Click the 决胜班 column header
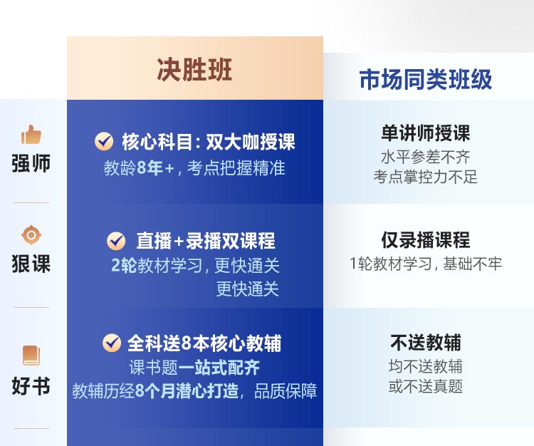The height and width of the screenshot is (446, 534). pos(194,70)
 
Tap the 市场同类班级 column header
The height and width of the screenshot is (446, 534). pos(425,79)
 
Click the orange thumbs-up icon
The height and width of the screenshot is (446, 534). pos(31,135)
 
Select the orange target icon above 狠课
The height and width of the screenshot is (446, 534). pos(31,234)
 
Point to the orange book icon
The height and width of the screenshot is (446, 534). pos(31,356)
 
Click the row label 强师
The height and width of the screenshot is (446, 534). pos(31,163)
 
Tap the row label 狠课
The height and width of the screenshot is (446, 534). pos(31,264)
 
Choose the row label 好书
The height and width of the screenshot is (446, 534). pos(31,385)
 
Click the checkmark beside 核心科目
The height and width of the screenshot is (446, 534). pos(104,141)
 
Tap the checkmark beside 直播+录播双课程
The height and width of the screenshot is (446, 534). pos(116,241)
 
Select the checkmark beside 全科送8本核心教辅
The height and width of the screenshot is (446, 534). pos(112,343)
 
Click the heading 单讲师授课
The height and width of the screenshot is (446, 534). pos(425,133)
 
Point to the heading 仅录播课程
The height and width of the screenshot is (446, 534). pos(425,240)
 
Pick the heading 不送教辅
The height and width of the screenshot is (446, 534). pos(425,343)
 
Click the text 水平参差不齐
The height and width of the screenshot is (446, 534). pos(425,157)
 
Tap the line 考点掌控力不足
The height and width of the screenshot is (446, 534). pos(425,177)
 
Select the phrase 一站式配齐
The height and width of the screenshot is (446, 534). pos(219,368)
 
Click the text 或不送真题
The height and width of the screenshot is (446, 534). pos(425,387)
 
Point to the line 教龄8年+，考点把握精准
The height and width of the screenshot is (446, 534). pos(194,168)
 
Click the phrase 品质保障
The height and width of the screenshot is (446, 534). pos(286,391)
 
